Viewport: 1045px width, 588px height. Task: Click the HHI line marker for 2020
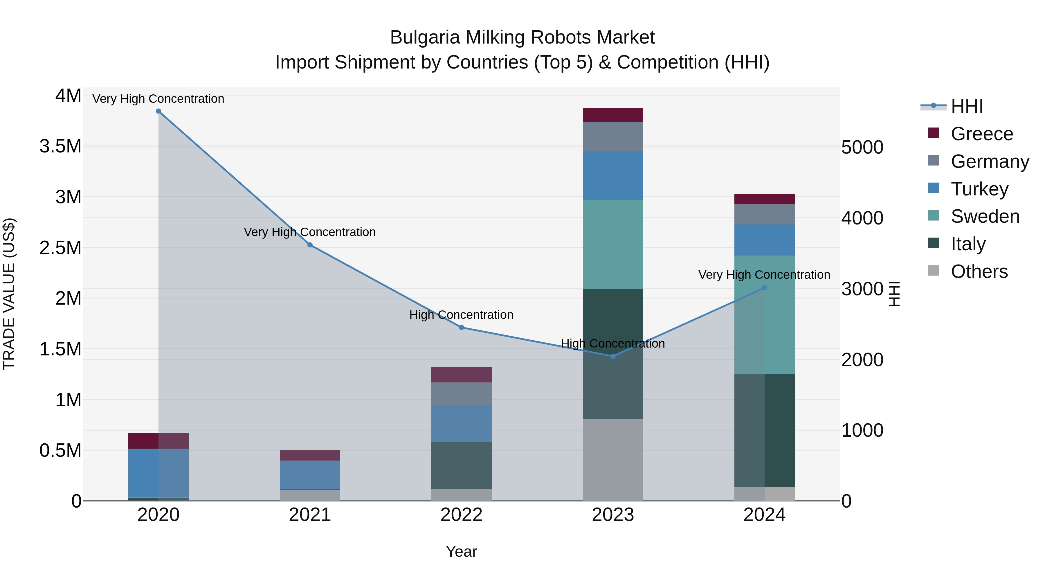[158, 111]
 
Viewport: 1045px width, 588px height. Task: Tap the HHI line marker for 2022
[461, 328]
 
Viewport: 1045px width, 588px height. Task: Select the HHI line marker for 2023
[613, 356]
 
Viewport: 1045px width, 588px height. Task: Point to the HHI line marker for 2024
[764, 288]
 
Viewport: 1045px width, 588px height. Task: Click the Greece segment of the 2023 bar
[613, 115]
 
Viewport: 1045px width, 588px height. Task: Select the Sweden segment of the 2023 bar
[613, 244]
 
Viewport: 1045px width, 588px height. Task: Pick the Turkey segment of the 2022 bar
[461, 423]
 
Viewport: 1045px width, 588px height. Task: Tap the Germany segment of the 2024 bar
[764, 214]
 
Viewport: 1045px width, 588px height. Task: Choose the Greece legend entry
[982, 134]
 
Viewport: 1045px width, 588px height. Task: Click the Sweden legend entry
[985, 216]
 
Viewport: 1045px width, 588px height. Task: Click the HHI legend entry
[967, 106]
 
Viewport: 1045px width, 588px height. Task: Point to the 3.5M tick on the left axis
[60, 146]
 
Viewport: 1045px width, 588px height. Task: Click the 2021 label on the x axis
[310, 515]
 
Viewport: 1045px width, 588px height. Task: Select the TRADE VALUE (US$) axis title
[9, 294]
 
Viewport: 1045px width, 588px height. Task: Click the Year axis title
[461, 551]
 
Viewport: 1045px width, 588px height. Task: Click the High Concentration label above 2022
[461, 315]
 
